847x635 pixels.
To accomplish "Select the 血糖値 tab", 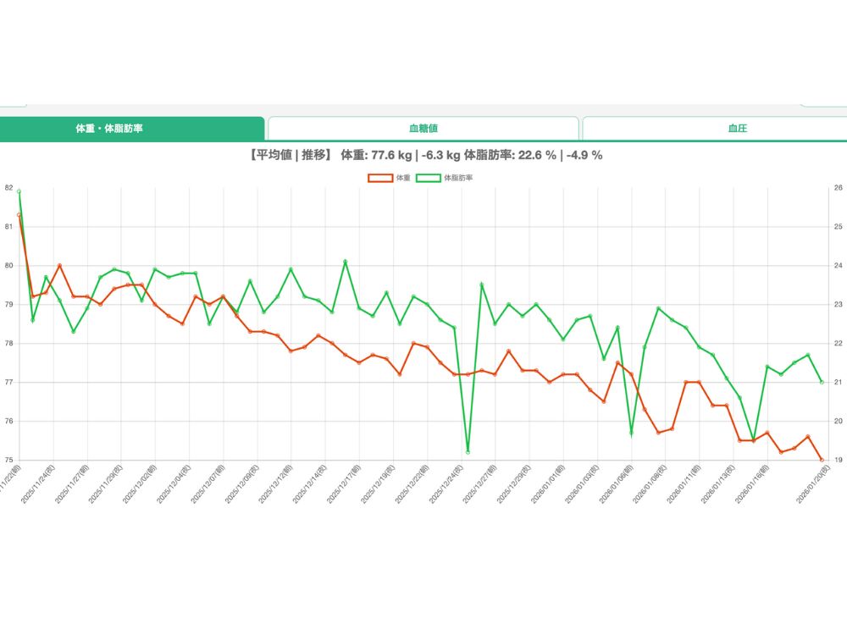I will (x=423, y=129).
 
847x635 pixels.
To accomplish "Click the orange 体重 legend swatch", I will (x=380, y=178).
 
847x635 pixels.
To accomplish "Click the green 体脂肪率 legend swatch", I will (x=429, y=178).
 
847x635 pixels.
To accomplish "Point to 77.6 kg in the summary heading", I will (x=385, y=155).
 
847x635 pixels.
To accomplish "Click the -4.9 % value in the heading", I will (x=584, y=155).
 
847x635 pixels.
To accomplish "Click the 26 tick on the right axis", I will (x=838, y=188).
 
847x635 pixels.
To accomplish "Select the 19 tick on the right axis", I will (x=838, y=461).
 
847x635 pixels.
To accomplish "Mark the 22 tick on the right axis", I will (x=838, y=344).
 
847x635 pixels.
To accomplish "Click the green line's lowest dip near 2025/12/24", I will (x=468, y=452).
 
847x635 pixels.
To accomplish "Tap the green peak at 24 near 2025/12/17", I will (x=346, y=262).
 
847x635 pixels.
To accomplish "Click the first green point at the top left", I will (x=19, y=191).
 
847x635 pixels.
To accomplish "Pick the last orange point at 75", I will (x=822, y=460).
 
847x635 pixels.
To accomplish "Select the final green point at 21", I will (x=822, y=382).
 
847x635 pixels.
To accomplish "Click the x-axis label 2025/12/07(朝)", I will (x=208, y=483).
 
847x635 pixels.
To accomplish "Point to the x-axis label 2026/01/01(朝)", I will (x=548, y=483).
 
